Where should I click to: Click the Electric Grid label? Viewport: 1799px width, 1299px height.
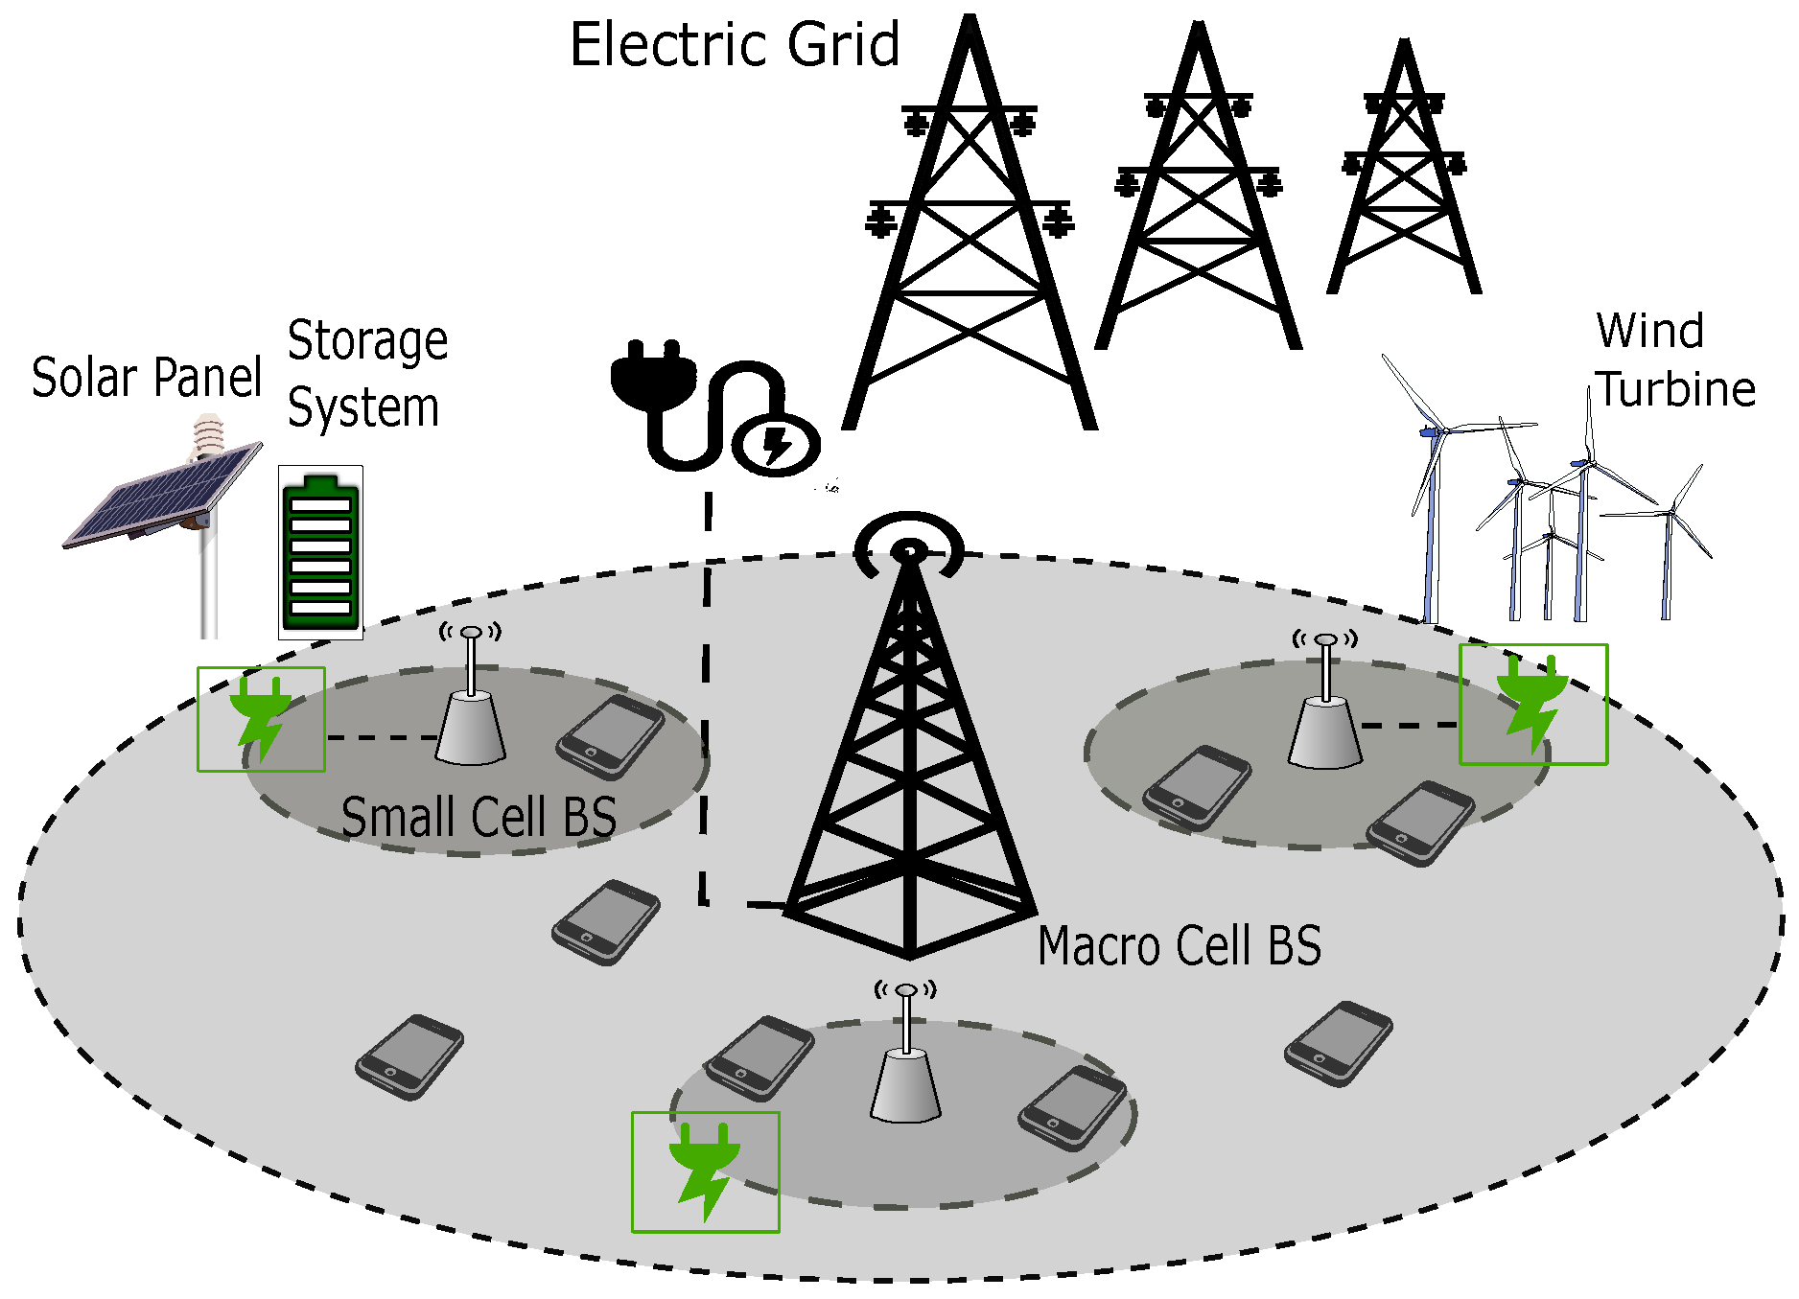click(x=735, y=45)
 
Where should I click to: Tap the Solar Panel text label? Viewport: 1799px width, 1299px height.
click(x=147, y=377)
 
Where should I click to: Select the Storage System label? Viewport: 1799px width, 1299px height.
click(x=367, y=374)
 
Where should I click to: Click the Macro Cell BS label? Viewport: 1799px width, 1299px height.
click(x=1180, y=945)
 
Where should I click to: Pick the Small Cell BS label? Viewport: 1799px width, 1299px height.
click(x=479, y=817)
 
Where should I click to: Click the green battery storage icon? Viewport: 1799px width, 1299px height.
click(x=320, y=552)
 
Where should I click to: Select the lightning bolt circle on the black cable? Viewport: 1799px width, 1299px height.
click(x=776, y=446)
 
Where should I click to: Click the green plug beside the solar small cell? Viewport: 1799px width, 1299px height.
click(x=261, y=719)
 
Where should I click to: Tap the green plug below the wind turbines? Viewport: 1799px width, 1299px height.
click(x=1532, y=705)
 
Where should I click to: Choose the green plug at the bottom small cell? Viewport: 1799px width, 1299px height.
click(x=705, y=1171)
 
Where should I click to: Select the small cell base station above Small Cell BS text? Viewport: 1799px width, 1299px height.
click(x=471, y=714)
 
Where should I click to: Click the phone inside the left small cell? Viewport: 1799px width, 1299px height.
click(x=611, y=736)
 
